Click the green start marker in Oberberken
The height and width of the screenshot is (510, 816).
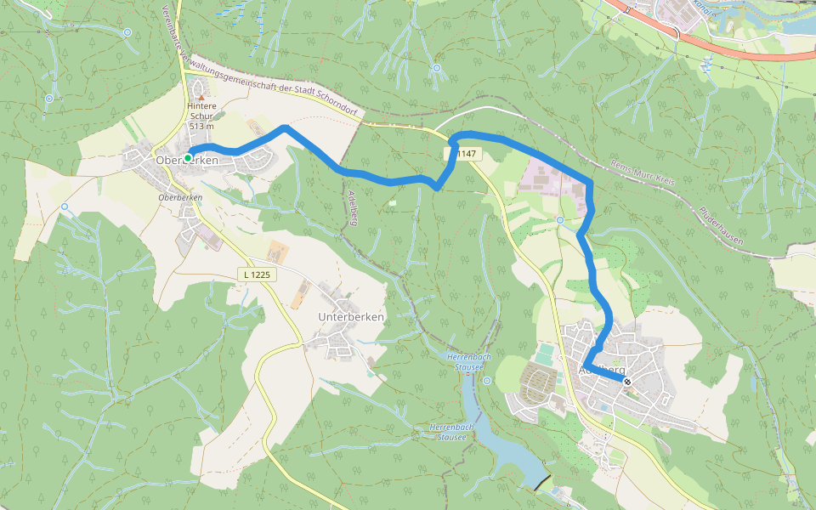pyautogui.click(x=188, y=158)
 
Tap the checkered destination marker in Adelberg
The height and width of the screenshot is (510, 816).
pyautogui.click(x=627, y=382)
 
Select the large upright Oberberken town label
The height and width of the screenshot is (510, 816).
pyautogui.click(x=188, y=161)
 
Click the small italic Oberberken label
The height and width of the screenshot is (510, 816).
pyautogui.click(x=180, y=197)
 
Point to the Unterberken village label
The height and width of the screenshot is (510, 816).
pyautogui.click(x=351, y=317)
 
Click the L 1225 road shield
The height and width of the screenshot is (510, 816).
pyautogui.click(x=256, y=274)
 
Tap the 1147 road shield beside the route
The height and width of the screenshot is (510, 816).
pyautogui.click(x=464, y=154)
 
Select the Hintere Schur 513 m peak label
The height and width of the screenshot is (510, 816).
pyautogui.click(x=202, y=116)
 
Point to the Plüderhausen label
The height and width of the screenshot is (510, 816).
pyautogui.click(x=722, y=227)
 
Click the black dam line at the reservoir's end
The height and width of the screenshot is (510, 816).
pyautogui.click(x=541, y=482)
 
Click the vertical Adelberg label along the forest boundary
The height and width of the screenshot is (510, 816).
pyautogui.click(x=351, y=208)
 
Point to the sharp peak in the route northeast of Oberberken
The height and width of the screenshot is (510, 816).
pyautogui.click(x=284, y=127)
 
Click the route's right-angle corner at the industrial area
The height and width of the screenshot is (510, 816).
pyautogui.click(x=589, y=182)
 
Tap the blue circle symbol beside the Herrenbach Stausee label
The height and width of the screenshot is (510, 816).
pyautogui.click(x=486, y=381)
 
